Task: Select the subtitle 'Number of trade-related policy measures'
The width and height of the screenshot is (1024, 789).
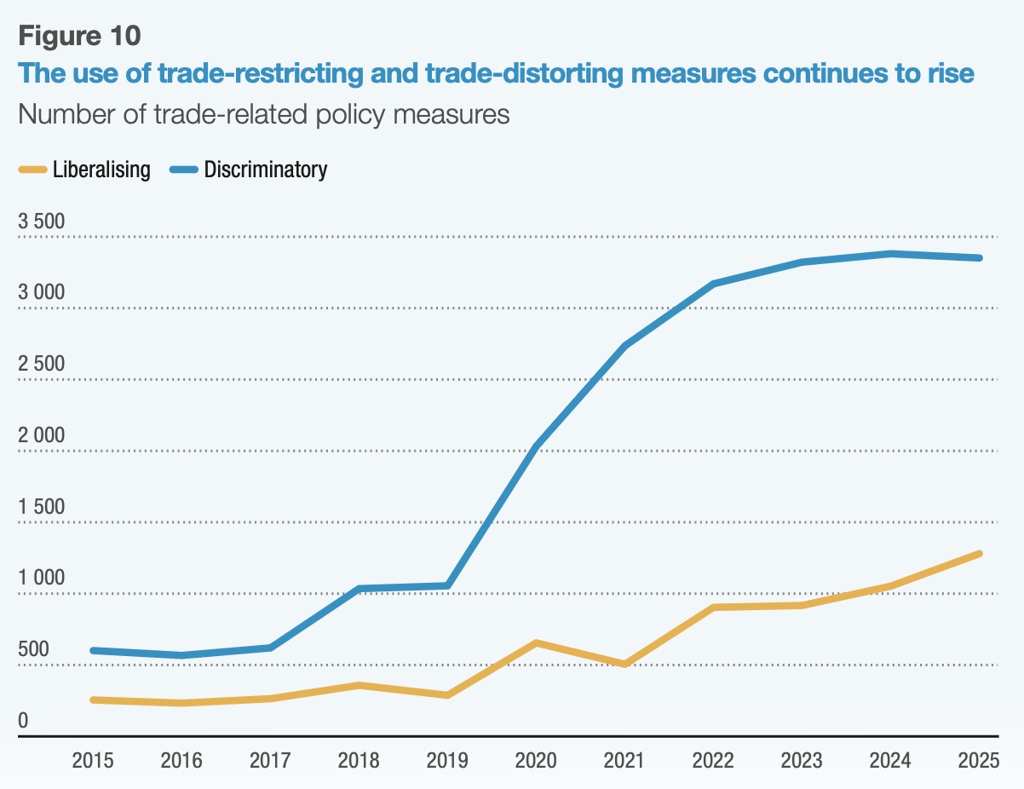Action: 263,114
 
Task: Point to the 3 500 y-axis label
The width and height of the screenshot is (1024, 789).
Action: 41,222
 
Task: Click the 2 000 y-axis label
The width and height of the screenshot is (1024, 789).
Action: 41,435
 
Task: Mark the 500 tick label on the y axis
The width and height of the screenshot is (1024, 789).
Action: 34,649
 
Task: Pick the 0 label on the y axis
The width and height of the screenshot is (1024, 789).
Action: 23,721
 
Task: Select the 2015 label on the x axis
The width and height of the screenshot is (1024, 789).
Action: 93,760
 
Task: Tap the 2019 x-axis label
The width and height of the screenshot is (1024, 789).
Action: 447,760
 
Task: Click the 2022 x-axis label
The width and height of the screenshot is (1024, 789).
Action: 713,760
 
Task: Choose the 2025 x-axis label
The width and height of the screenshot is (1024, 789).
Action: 979,760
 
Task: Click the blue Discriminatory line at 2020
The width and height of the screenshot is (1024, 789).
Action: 536,446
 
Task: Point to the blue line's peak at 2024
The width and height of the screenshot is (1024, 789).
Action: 890,254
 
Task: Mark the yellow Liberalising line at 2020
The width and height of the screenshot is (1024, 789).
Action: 536,642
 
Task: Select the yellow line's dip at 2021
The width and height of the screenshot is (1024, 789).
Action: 624,664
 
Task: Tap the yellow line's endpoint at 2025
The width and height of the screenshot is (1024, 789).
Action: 979,554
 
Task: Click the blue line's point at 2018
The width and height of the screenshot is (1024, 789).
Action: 359,589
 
